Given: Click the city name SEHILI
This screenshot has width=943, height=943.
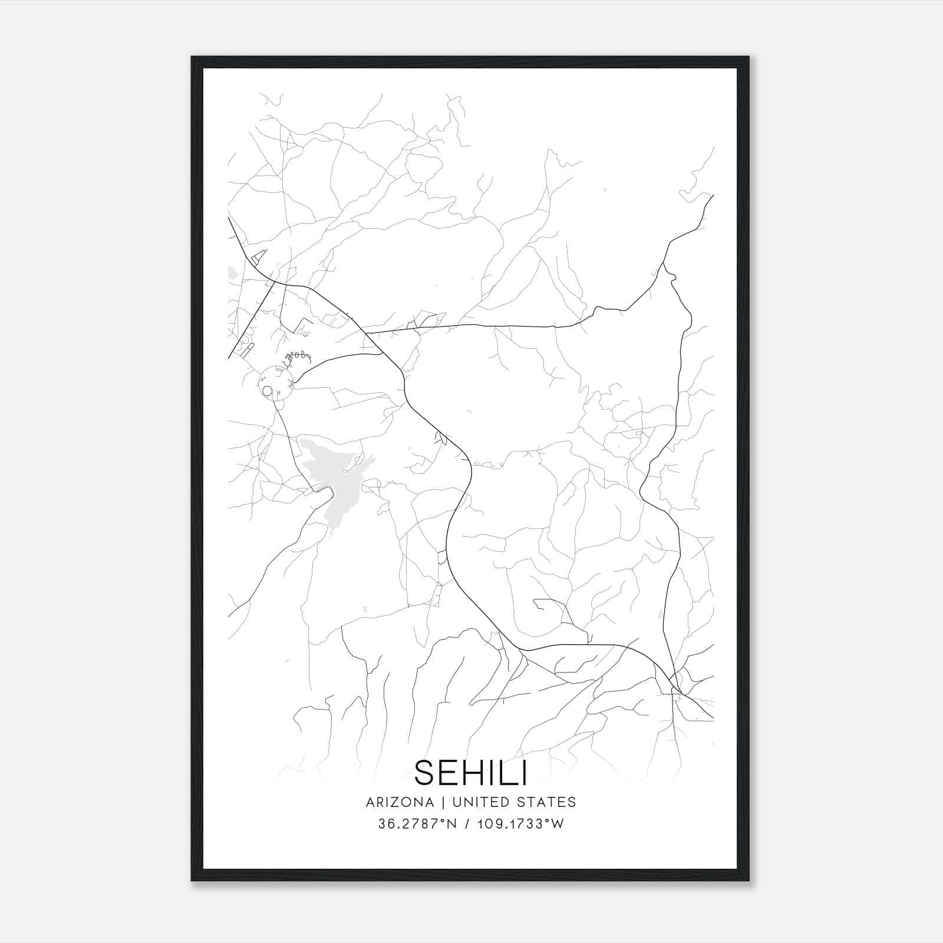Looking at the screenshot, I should point(471,773).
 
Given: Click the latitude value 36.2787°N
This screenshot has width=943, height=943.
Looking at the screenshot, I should point(417,824).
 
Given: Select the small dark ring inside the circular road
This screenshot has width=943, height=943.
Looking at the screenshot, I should point(267,390).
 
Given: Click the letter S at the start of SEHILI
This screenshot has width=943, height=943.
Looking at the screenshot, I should point(425,773).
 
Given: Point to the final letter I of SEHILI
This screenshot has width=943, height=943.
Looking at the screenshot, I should point(523,773).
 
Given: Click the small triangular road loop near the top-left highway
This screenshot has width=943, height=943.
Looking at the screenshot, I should point(258,256).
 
